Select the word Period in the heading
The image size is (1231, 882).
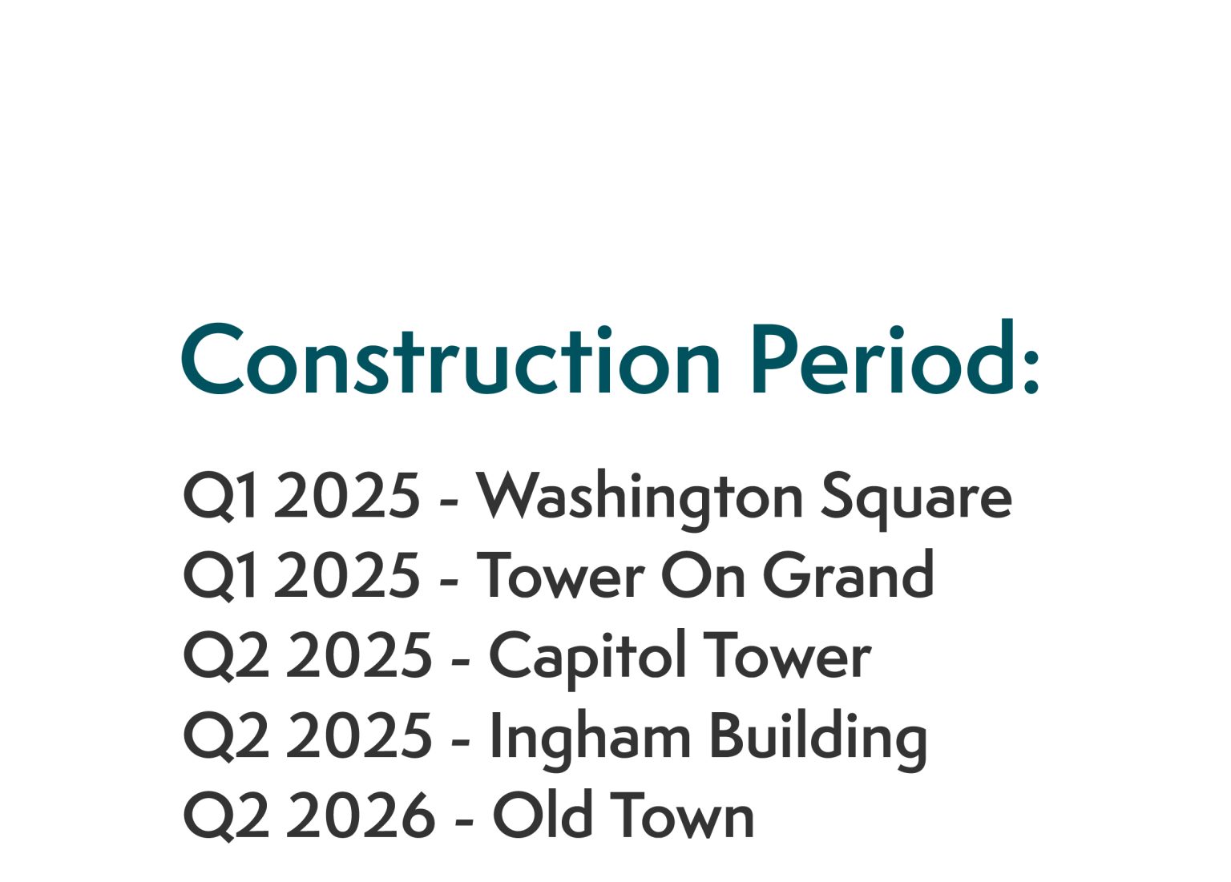[882, 360]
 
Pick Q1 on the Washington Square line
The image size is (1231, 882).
[221, 497]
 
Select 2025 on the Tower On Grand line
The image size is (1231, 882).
[346, 576]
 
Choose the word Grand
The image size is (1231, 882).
[847, 576]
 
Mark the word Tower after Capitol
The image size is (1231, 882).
[786, 656]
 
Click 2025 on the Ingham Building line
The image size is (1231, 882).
[359, 736]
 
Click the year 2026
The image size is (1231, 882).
[361, 816]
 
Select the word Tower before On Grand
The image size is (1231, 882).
[560, 576]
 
